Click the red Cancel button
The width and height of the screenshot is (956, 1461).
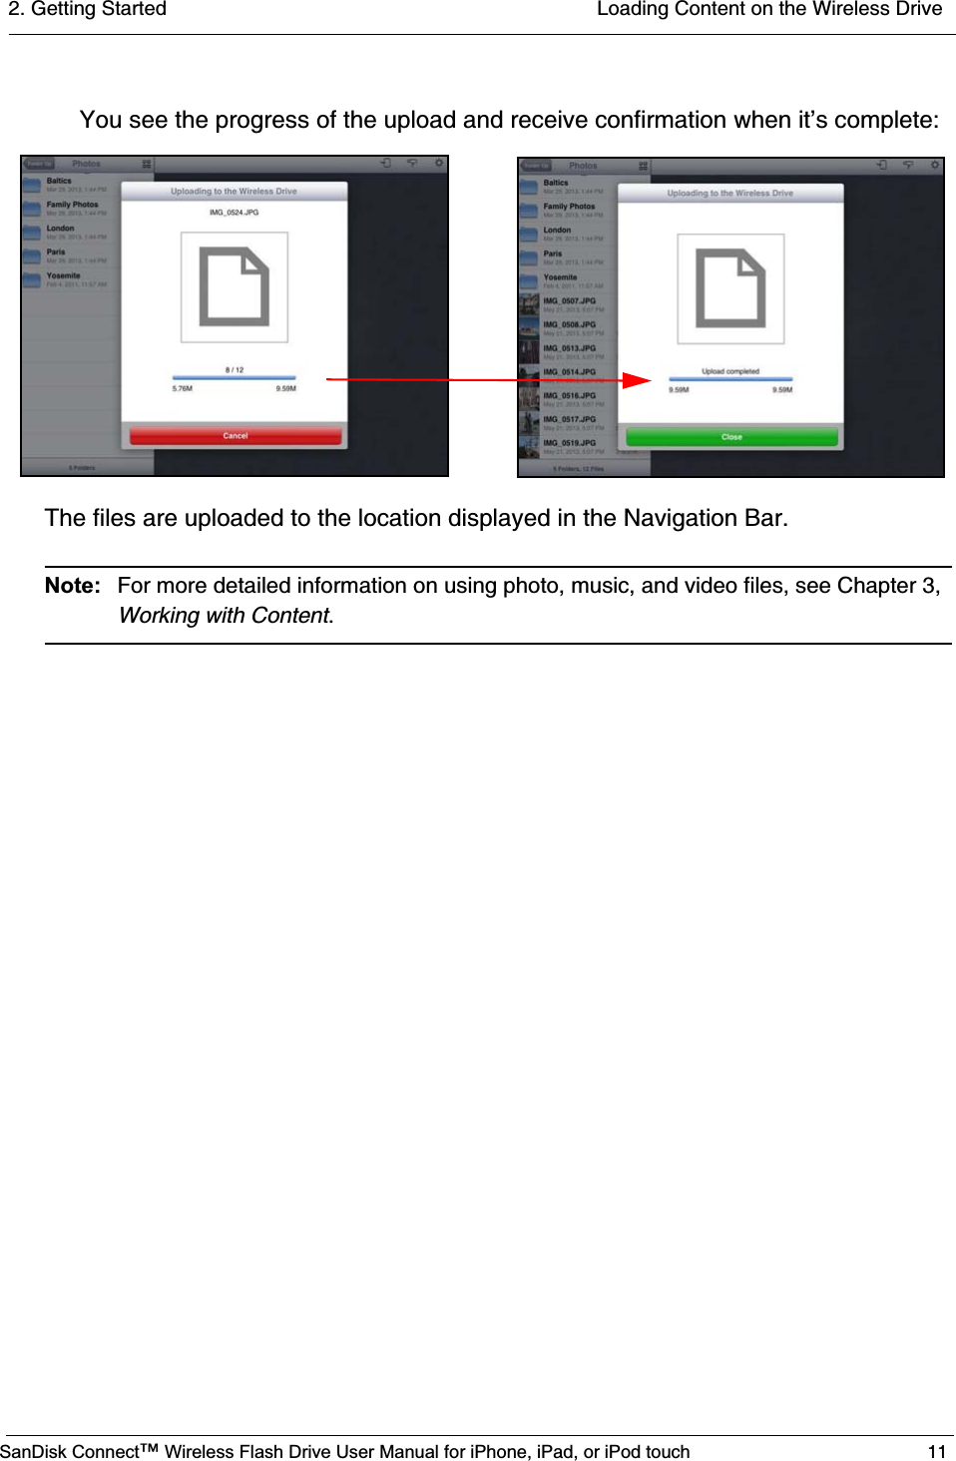coord(236,436)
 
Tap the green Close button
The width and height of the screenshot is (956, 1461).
coord(731,437)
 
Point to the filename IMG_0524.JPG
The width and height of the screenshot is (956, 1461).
coord(234,213)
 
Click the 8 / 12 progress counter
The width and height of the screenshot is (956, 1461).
coord(235,370)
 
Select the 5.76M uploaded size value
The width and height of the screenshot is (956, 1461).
coord(183,389)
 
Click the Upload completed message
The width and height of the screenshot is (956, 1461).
coord(730,371)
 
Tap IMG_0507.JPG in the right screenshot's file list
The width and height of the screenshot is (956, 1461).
coord(569,301)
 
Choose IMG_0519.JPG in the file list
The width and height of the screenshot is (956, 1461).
coord(569,443)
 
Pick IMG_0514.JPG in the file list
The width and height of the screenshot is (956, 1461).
coord(569,372)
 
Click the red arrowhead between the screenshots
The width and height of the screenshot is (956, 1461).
coord(636,380)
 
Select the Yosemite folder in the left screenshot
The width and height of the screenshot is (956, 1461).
coord(63,276)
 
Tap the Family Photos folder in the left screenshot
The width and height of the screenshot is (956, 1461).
coord(72,206)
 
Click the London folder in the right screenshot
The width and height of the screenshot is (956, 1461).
coord(557,231)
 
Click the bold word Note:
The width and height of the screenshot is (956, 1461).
coord(73,586)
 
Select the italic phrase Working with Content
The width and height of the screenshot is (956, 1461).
coord(225,616)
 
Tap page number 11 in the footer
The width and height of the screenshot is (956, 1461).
coord(936,1452)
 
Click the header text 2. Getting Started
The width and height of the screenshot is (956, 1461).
coord(88,10)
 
